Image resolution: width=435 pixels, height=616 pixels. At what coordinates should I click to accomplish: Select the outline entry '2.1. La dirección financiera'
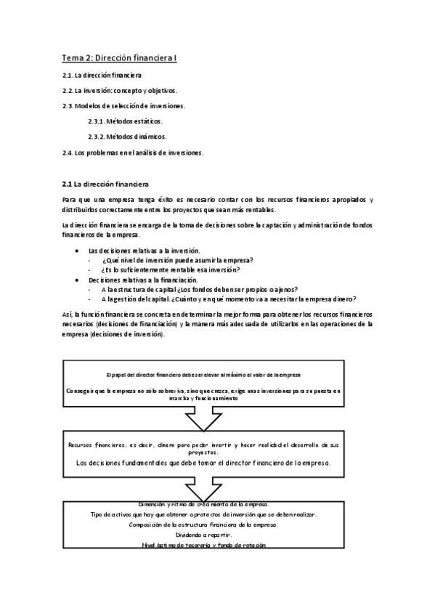pyautogui.click(x=102, y=76)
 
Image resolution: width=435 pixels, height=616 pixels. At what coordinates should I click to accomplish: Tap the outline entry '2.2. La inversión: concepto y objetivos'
pyautogui.click(x=120, y=91)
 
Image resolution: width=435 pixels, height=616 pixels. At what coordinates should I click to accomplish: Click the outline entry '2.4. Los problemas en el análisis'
pyautogui.click(x=133, y=153)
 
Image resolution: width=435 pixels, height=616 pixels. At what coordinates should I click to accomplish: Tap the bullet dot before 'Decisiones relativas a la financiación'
pyautogui.click(x=78, y=280)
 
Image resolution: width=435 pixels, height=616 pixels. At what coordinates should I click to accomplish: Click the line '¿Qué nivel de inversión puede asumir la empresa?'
pyautogui.click(x=172, y=260)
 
